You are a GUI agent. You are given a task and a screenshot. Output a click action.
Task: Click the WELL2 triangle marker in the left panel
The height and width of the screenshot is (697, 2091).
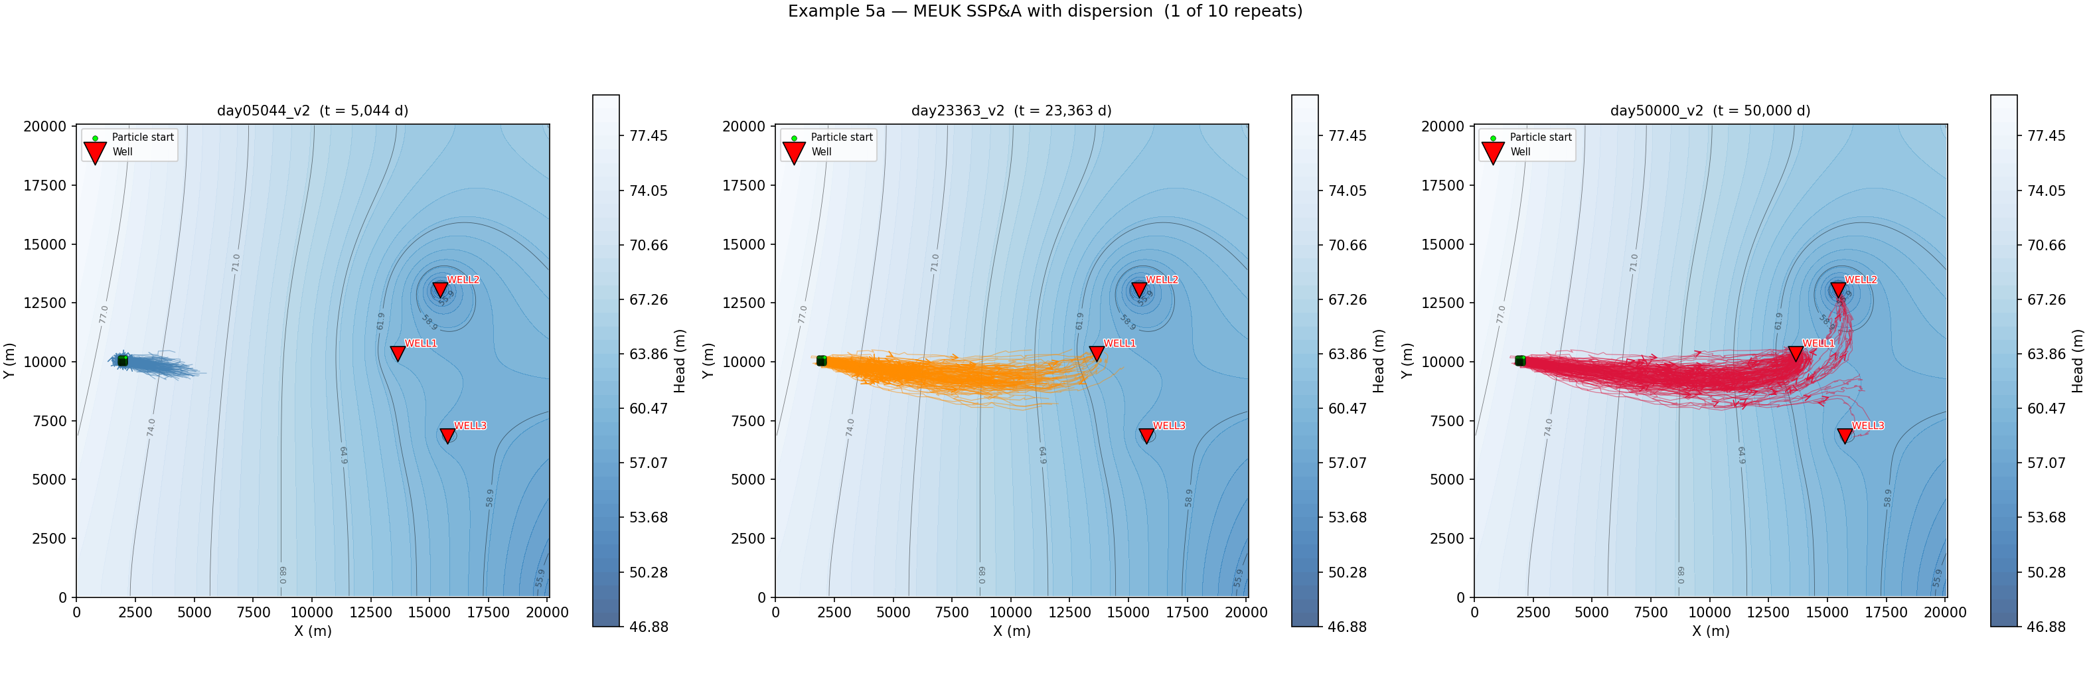tap(440, 289)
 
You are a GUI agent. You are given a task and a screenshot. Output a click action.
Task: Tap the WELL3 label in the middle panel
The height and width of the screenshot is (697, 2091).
tap(1169, 426)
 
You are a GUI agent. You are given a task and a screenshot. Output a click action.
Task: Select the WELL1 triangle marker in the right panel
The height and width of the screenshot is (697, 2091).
tap(1796, 353)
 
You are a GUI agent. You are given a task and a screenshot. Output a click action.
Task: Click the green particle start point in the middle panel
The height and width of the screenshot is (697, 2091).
tap(822, 360)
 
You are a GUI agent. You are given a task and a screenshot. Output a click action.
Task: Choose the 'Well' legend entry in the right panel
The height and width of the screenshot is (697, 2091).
tap(1519, 152)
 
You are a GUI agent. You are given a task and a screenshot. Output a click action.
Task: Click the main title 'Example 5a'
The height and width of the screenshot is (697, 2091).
tap(1044, 11)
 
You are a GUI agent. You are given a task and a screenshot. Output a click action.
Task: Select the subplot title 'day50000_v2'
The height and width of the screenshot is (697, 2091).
tap(1656, 110)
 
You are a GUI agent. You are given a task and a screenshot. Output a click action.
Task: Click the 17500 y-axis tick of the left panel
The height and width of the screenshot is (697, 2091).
tap(45, 185)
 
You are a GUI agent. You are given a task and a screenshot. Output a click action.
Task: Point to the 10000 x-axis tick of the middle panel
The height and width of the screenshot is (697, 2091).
tap(1010, 613)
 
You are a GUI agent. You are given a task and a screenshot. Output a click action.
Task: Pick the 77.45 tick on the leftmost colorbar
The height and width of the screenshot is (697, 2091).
tap(648, 135)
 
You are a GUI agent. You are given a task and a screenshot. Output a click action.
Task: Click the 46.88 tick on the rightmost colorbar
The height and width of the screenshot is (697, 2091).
tap(2047, 627)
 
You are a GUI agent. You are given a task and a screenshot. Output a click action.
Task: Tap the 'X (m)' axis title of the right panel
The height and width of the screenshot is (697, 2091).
tap(1710, 631)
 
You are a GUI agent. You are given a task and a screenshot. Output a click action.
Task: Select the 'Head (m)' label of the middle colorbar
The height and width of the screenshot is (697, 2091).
tap(1378, 360)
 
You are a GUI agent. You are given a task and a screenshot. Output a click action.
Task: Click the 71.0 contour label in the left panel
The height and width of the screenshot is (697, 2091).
tap(236, 262)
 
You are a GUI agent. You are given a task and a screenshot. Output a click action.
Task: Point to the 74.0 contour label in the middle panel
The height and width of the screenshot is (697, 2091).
tap(850, 427)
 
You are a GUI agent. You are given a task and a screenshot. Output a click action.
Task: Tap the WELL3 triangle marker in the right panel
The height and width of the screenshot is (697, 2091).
tap(1844, 435)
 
